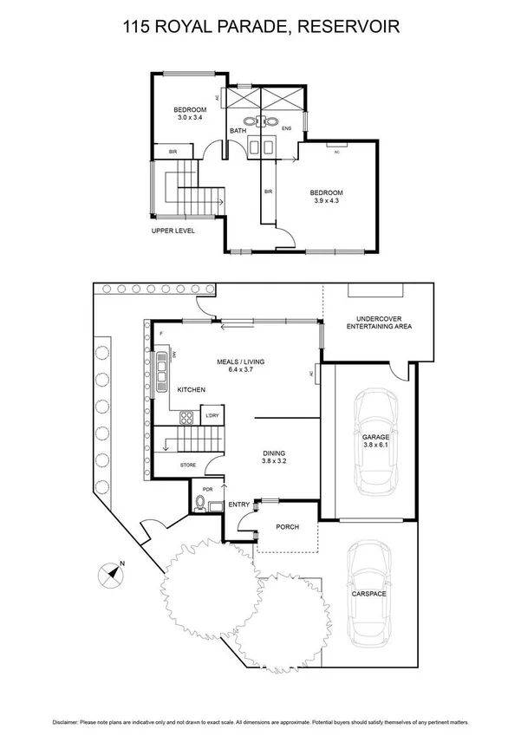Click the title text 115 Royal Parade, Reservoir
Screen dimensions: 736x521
click(x=260, y=29)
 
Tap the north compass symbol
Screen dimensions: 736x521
click(x=110, y=571)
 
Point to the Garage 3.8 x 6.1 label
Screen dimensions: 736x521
click(x=376, y=442)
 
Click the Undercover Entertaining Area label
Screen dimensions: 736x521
click(x=379, y=322)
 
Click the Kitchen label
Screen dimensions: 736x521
click(x=191, y=391)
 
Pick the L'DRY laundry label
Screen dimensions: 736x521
click(x=212, y=416)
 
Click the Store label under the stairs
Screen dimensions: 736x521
click(x=188, y=466)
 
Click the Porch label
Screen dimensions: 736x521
click(x=287, y=526)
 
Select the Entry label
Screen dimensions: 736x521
click(x=238, y=505)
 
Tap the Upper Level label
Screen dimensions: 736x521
click(x=173, y=231)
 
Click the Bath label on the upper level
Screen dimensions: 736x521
click(x=238, y=131)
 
